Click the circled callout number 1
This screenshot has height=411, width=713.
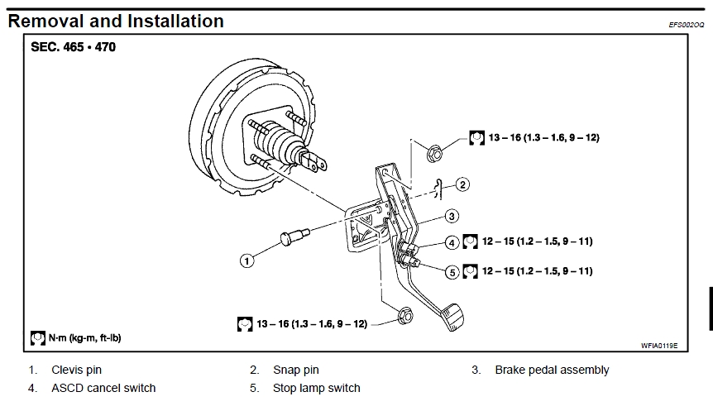[x=246, y=260]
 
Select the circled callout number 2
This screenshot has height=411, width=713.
[x=462, y=184]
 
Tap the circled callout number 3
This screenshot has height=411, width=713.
[x=452, y=216]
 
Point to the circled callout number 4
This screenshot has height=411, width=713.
[x=452, y=242]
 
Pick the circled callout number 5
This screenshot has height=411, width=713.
[x=452, y=270]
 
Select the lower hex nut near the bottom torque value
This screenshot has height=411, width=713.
[x=405, y=316]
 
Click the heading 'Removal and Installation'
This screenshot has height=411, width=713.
[x=116, y=21]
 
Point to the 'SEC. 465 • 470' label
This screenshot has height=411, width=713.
[x=74, y=47]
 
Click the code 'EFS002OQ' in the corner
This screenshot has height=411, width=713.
[x=686, y=26]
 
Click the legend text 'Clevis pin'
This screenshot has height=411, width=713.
[x=76, y=370]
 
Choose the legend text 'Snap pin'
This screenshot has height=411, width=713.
[x=295, y=370]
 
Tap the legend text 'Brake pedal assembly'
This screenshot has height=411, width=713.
[x=552, y=370]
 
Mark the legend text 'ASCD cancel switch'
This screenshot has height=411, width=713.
[x=103, y=388]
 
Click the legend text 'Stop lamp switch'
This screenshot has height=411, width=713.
[x=316, y=388]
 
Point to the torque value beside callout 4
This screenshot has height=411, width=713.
[x=537, y=241]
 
